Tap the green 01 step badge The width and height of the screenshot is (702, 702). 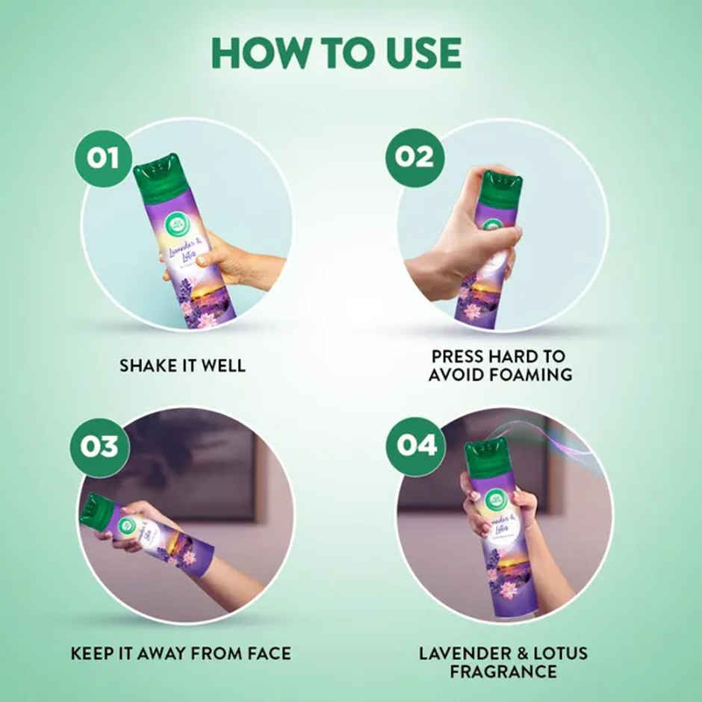click(x=103, y=157)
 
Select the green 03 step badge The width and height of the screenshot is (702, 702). click(x=99, y=447)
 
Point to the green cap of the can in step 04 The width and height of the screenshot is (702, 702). click(x=486, y=459)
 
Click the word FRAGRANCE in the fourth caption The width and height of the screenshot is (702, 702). click(x=503, y=671)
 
